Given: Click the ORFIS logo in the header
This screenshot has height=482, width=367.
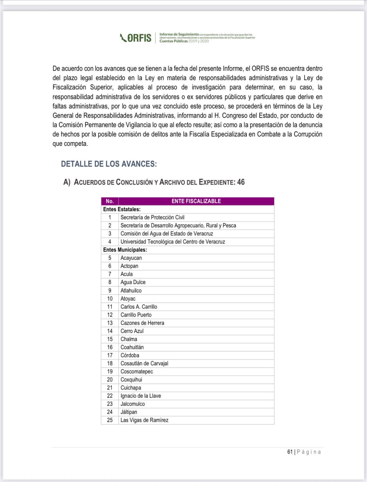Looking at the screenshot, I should pyautogui.click(x=136, y=38).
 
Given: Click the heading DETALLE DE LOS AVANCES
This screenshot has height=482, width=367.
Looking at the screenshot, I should pyautogui.click(x=109, y=164).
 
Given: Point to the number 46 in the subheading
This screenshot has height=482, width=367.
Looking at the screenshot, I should pyautogui.click(x=241, y=182).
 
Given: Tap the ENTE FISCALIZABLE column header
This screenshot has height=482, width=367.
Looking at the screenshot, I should pyautogui.click(x=196, y=201).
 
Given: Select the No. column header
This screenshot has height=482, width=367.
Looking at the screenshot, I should pyautogui.click(x=110, y=201).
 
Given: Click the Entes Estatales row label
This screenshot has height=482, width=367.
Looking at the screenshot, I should pyautogui.click(x=122, y=209).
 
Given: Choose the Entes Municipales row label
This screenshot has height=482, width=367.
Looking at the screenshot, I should pyautogui.click(x=125, y=250).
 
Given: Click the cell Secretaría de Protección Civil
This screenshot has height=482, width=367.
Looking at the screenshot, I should pyautogui.click(x=153, y=217).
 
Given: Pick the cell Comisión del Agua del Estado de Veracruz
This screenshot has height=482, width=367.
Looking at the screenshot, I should pyautogui.click(x=167, y=234).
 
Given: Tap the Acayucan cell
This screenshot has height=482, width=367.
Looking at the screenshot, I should pyautogui.click(x=131, y=258).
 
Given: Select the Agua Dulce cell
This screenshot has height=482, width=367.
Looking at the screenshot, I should pyautogui.click(x=133, y=282).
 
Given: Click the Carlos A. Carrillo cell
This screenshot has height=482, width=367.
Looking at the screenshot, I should pyautogui.click(x=139, y=307).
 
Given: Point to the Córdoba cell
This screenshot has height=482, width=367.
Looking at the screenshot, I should pyautogui.click(x=130, y=355).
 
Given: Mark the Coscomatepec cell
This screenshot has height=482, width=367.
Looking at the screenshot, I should pyautogui.click(x=137, y=371).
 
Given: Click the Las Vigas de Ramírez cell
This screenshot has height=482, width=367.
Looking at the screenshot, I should pyautogui.click(x=144, y=420).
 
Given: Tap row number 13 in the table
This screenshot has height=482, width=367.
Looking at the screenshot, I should pyautogui.click(x=110, y=323).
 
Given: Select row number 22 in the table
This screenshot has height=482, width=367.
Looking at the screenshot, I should pyautogui.click(x=110, y=396).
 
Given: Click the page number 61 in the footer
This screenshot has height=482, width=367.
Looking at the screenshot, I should pyautogui.click(x=290, y=452).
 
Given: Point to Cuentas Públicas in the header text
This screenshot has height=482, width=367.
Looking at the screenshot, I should pyautogui.click(x=174, y=41).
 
